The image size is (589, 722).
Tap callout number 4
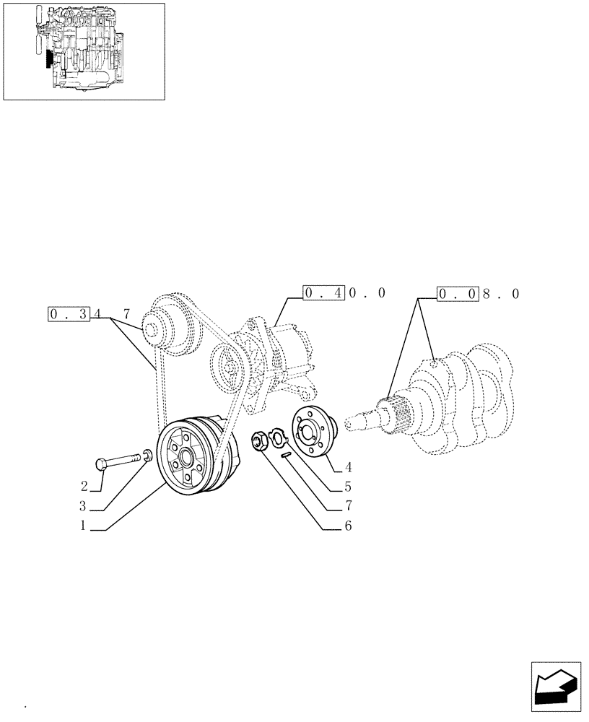348,466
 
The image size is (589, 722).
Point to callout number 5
348,486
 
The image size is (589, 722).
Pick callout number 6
348,526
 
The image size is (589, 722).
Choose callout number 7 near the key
348,505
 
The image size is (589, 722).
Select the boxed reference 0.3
69,314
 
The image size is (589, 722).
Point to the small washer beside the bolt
147,455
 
